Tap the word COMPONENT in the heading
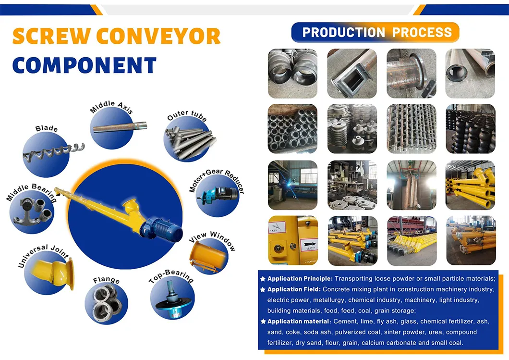[x=85, y=65]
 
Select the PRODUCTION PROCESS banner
[x=376, y=33]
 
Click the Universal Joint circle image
[x=48, y=273]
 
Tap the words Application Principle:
[x=300, y=279]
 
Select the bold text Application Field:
[x=294, y=289]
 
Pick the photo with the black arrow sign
[x=292, y=240]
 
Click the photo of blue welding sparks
[x=292, y=185]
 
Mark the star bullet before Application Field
[x=263, y=289]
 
